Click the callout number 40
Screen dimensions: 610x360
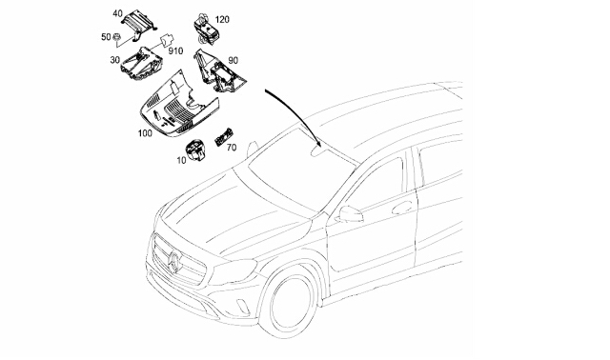(x=117, y=13)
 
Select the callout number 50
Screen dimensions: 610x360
(x=106, y=37)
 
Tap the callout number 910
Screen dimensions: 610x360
(x=175, y=50)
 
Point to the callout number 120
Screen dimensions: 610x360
(x=222, y=19)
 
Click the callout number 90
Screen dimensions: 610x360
(x=233, y=60)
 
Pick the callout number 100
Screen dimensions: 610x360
(x=145, y=133)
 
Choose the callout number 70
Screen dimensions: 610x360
(x=231, y=148)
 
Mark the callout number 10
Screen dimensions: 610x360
(x=181, y=160)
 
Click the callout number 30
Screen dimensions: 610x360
(x=114, y=60)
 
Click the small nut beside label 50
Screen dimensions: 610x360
(x=116, y=37)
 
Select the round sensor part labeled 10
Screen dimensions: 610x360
(x=194, y=150)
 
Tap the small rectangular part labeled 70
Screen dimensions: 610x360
(x=222, y=137)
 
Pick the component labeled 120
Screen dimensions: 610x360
(x=206, y=28)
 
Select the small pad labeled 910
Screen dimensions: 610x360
(x=167, y=40)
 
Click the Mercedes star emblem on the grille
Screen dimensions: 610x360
(x=175, y=262)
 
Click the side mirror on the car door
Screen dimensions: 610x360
(x=350, y=214)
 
